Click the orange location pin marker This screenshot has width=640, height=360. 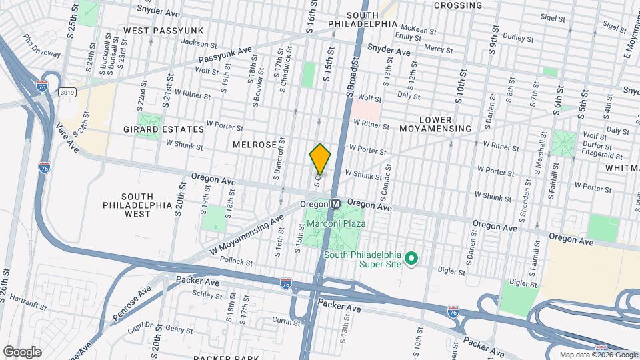pyautogui.click(x=320, y=159)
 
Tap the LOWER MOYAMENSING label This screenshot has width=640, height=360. pyautogui.click(x=436, y=128)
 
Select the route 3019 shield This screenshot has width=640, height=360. pyautogui.click(x=65, y=91)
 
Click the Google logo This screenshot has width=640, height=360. pyautogui.click(x=22, y=351)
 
